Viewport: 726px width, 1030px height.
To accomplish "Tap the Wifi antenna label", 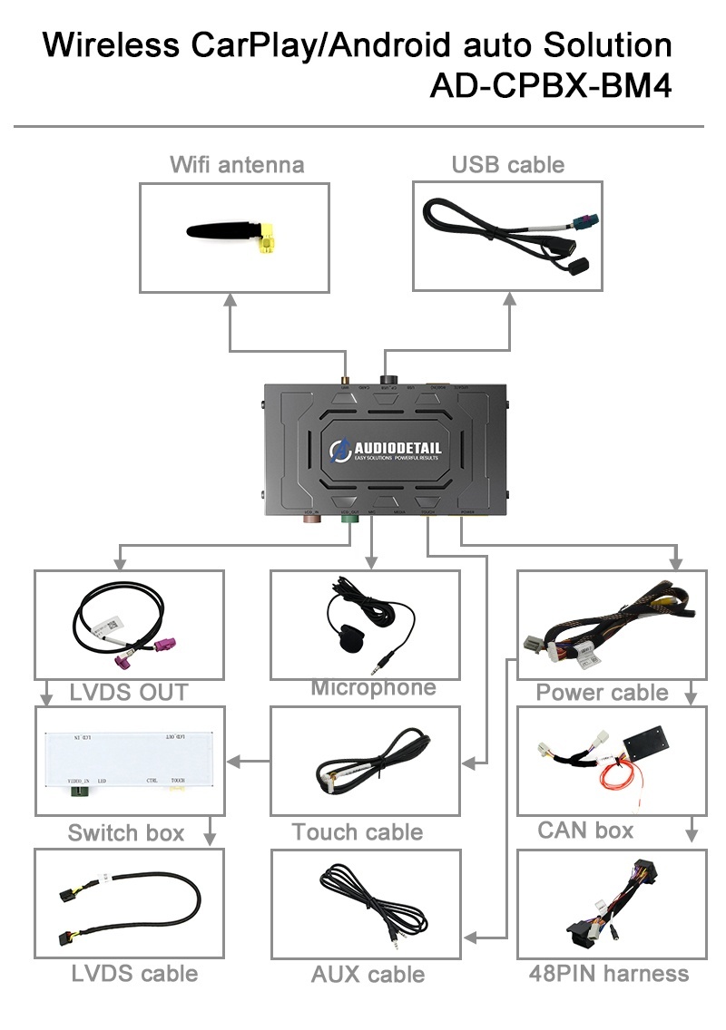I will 237,164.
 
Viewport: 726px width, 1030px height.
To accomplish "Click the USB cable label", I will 507,164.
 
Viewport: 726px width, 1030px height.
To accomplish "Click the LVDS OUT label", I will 129,692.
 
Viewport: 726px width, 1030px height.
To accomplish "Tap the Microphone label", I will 373,687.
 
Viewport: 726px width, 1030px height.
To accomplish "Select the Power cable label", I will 602,693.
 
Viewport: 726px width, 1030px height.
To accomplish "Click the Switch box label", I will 126,832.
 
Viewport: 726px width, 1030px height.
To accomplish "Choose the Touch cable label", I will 358,831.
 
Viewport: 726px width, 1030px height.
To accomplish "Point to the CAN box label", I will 585,830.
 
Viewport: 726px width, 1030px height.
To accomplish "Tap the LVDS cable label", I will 134,974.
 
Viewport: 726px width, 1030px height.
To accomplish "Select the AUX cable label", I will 368,975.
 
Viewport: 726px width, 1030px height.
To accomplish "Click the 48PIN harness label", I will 609,974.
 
